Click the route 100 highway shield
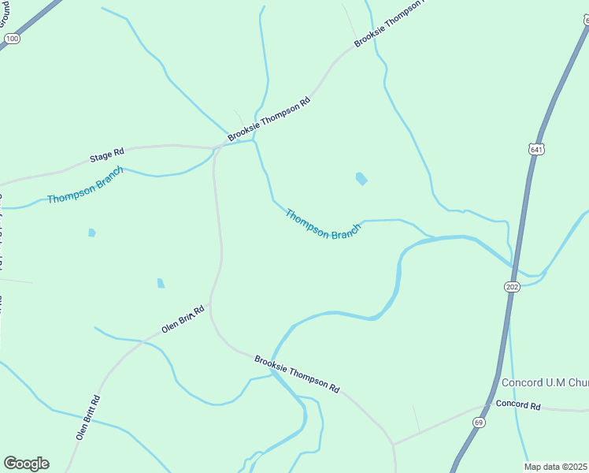(x=11, y=38)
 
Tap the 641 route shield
(x=536, y=148)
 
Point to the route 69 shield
(x=480, y=423)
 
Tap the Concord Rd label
(x=518, y=405)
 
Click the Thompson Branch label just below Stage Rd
(x=85, y=185)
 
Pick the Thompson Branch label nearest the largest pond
(x=323, y=225)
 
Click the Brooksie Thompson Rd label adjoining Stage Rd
(x=269, y=119)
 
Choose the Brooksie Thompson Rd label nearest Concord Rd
(x=297, y=374)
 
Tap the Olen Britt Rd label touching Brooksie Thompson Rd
(x=183, y=318)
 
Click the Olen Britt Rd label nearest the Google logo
(x=88, y=417)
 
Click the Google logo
(x=26, y=464)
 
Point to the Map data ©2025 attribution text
(x=556, y=467)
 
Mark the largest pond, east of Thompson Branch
(x=361, y=179)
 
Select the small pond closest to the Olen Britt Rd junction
(x=161, y=283)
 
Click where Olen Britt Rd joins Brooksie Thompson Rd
(x=209, y=304)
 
